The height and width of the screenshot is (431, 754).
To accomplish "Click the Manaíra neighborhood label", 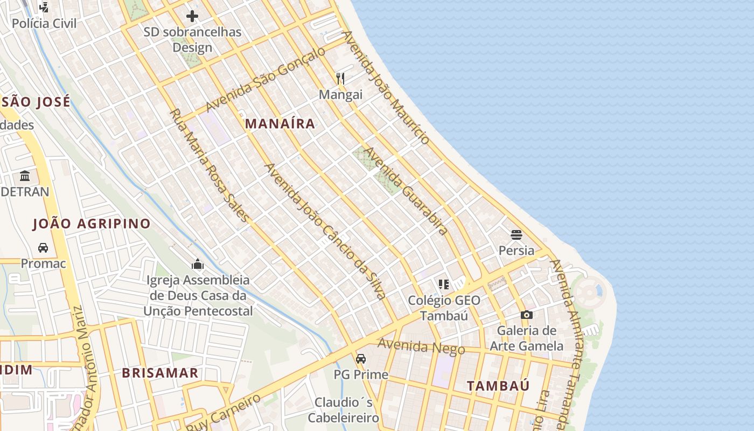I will (280, 124).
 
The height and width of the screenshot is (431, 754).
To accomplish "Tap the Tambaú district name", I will (498, 386).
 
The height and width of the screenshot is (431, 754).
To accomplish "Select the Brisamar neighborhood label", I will (160, 373).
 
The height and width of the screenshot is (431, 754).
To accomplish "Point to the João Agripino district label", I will (92, 224).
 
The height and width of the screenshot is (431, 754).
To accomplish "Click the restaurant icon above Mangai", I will (340, 79).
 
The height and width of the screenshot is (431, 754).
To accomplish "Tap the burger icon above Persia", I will (516, 235).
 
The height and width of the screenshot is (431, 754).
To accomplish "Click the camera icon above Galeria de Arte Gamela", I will (527, 315).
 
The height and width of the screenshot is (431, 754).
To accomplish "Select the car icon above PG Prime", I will (361, 358).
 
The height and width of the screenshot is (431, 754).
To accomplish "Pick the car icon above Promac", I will (43, 248).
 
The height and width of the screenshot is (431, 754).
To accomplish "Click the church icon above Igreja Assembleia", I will (198, 264).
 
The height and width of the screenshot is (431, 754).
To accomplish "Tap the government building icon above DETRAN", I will (25, 176).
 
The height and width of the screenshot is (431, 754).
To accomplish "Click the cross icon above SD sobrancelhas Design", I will (192, 16).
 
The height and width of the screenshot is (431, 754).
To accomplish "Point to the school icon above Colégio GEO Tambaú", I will (443, 284).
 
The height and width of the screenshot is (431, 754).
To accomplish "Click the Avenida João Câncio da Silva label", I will (325, 231).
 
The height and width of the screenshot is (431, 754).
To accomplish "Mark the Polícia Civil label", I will (44, 24).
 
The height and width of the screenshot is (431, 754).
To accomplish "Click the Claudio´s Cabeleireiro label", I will (344, 410).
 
